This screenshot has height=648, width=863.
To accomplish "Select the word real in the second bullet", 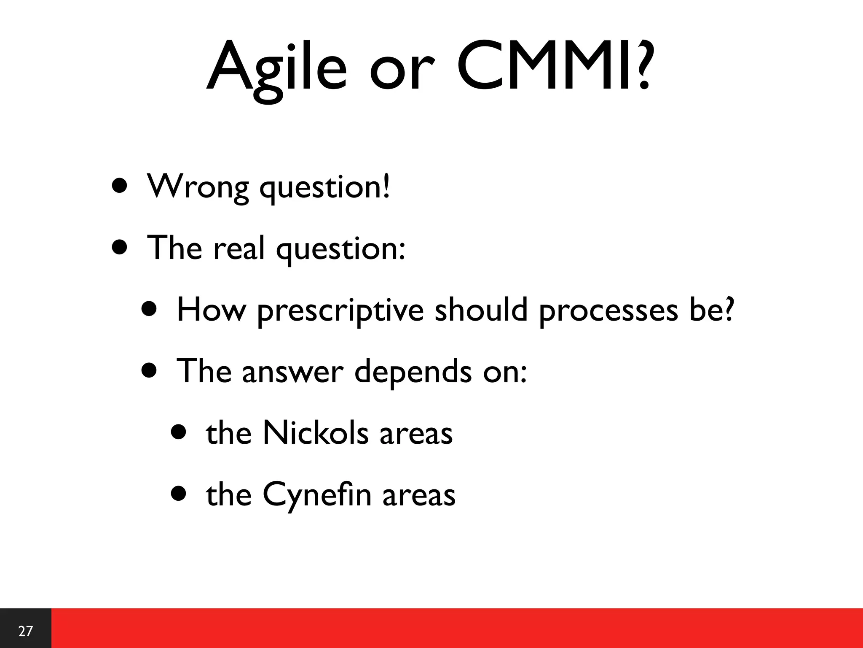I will (239, 248).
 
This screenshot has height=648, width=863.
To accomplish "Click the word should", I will (481, 310).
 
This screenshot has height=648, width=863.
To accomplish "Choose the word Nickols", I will (315, 433).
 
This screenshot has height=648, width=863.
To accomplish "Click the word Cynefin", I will (317, 495).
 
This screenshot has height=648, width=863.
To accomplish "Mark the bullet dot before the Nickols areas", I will (179, 432).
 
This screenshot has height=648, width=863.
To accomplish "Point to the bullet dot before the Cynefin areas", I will (179, 494).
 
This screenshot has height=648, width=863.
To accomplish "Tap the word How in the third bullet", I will (211, 310).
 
